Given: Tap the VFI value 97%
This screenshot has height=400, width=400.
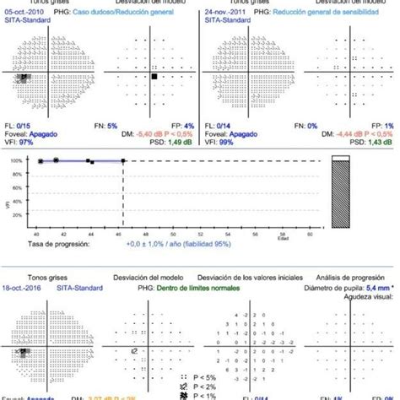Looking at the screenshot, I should pos(24,143).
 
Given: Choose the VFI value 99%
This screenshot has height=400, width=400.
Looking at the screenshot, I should pos(229,143).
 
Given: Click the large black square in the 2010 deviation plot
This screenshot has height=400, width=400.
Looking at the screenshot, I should pos(154,76).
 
